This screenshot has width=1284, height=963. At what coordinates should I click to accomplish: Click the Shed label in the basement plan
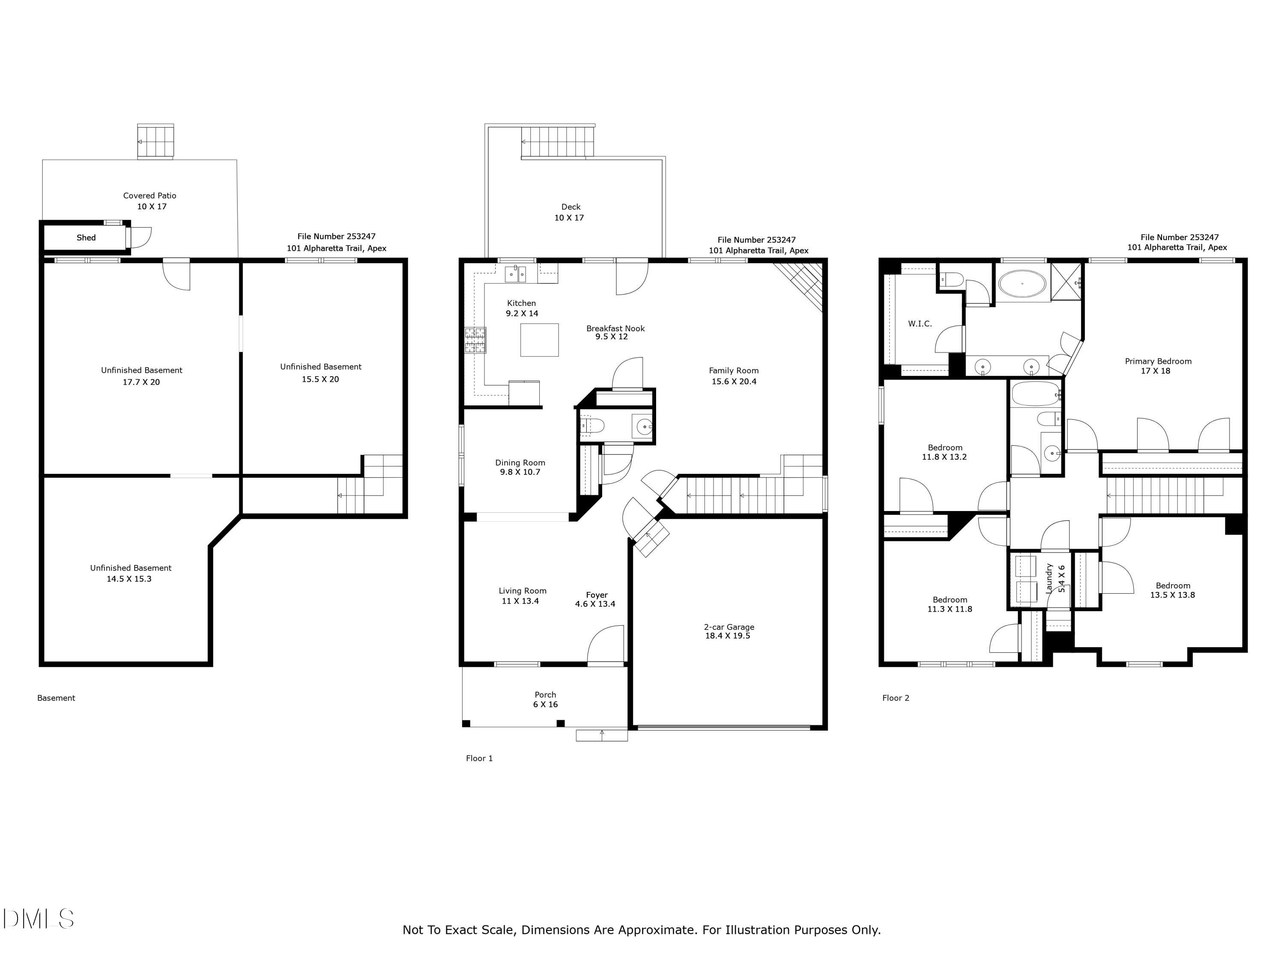coord(86,238)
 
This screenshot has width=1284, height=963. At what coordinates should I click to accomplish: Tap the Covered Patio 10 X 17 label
coord(150,201)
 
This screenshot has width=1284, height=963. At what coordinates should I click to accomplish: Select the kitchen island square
coord(539,339)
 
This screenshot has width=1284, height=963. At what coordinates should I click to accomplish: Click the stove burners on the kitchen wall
coord(475,340)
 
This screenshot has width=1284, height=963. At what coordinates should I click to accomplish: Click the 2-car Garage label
coord(728,631)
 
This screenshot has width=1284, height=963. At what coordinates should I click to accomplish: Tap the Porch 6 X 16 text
coord(545,699)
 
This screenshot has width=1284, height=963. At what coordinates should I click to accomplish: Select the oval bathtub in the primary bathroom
coord(1022,285)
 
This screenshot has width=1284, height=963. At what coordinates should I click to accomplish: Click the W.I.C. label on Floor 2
coord(920,324)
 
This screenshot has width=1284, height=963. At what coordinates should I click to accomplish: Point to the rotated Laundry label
coord(1049,578)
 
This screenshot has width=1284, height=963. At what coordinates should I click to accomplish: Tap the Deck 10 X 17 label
coord(570,212)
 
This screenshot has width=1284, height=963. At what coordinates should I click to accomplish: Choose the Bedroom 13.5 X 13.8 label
coord(1173,590)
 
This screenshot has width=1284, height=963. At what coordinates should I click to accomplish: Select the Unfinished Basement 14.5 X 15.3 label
coord(131,573)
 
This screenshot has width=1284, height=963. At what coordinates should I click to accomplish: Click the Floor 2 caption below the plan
coord(896,698)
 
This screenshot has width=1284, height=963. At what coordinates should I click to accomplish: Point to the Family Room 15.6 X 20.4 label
coord(734,375)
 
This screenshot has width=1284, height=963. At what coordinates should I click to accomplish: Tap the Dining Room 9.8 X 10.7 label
coord(520,467)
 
